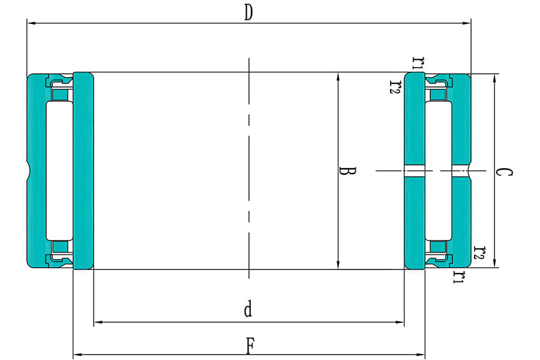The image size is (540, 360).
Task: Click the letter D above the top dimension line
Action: [248, 13]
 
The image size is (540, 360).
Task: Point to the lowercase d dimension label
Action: [248, 310]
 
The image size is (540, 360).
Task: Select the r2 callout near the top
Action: [394, 87]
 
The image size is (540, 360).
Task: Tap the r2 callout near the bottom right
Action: [479, 253]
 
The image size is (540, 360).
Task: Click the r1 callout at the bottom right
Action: [460, 277]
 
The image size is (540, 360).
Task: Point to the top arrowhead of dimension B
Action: [338, 77]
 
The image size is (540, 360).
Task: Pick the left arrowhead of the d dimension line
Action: [98, 322]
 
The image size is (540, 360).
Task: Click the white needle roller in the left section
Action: [59, 170]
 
